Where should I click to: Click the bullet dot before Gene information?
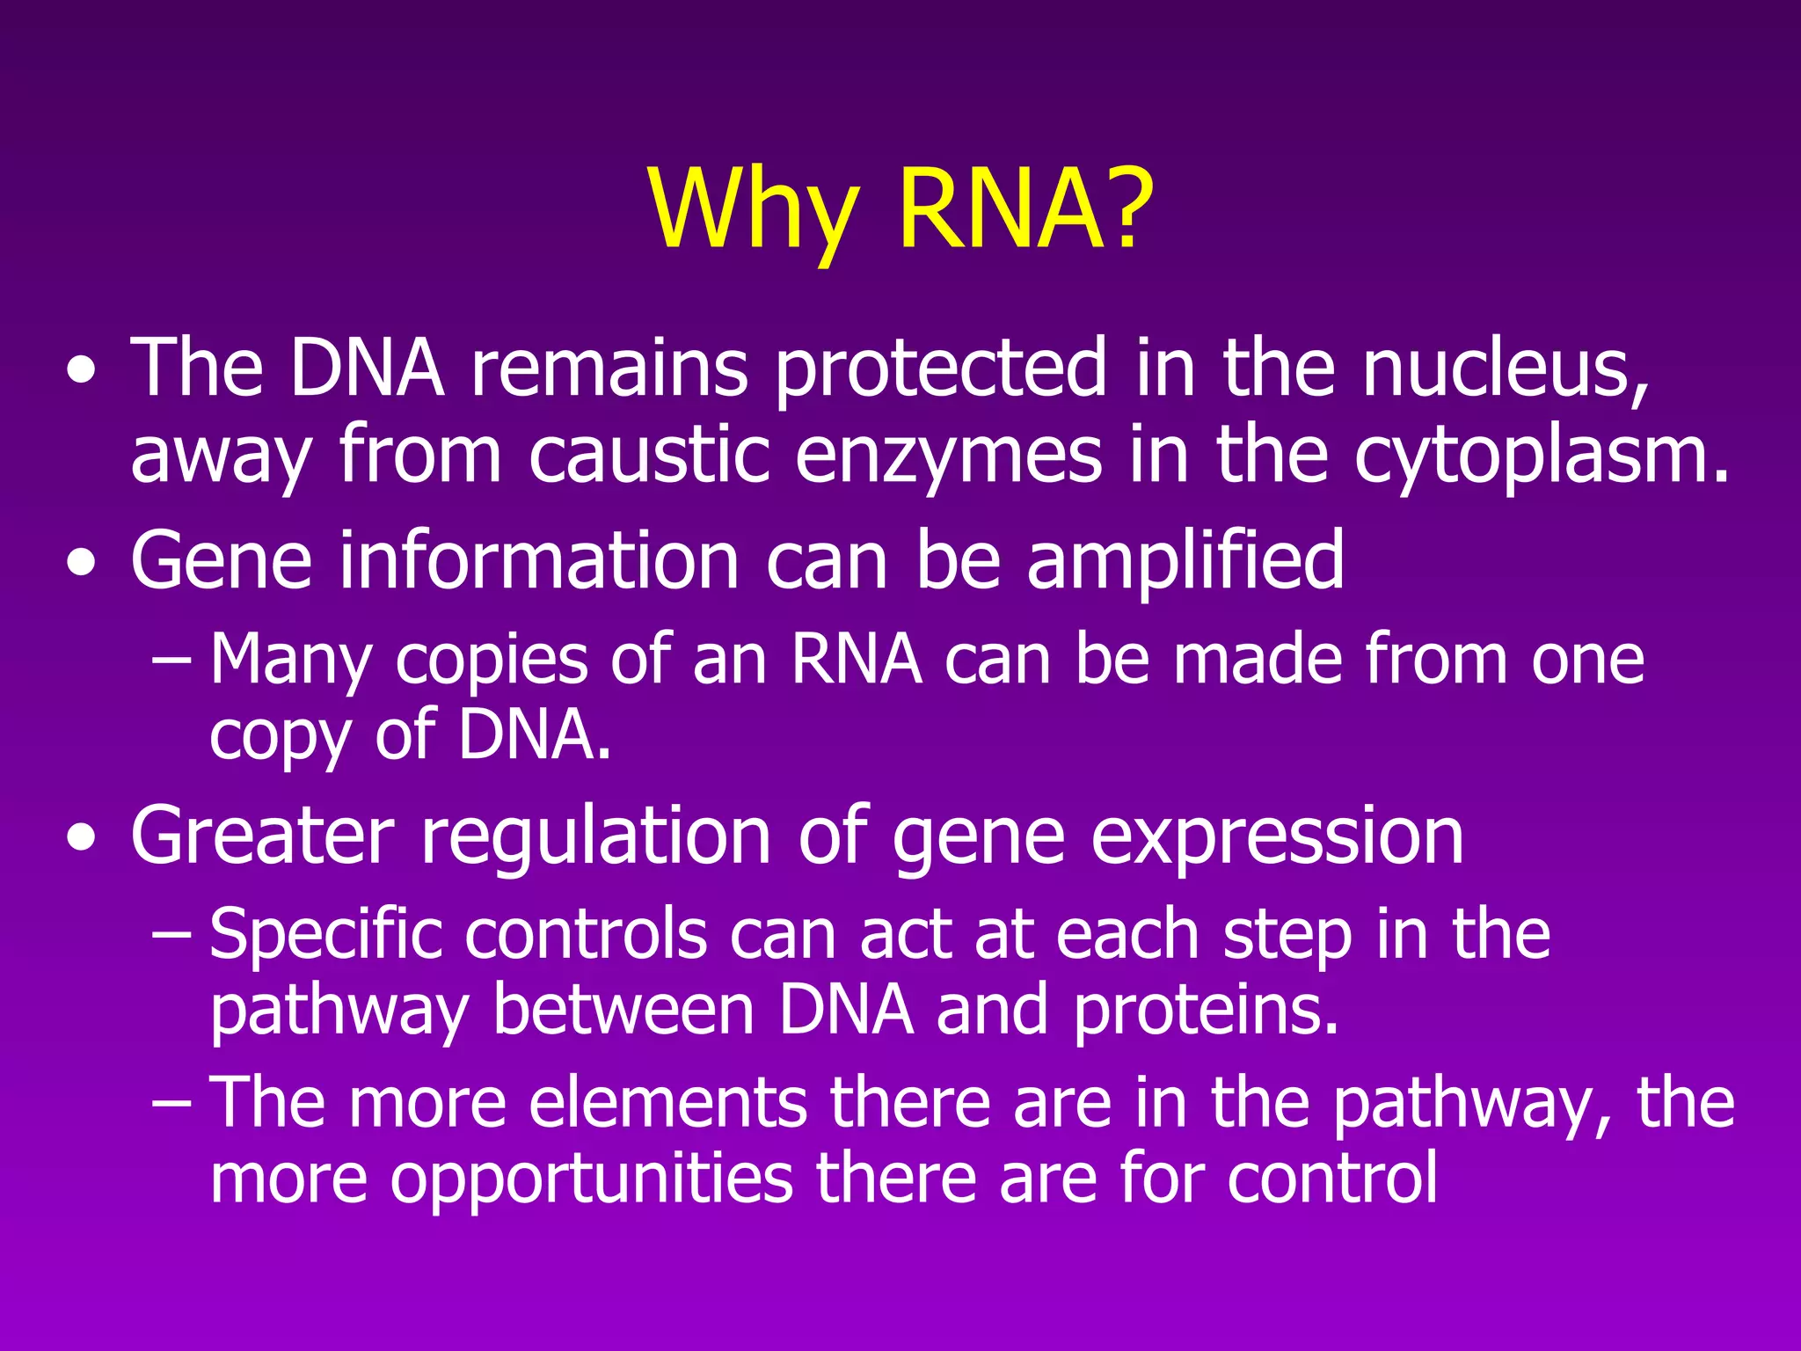[x=82, y=564]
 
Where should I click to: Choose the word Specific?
[x=326, y=935]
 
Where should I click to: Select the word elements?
[x=667, y=1103]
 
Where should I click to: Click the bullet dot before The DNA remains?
[x=82, y=371]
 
